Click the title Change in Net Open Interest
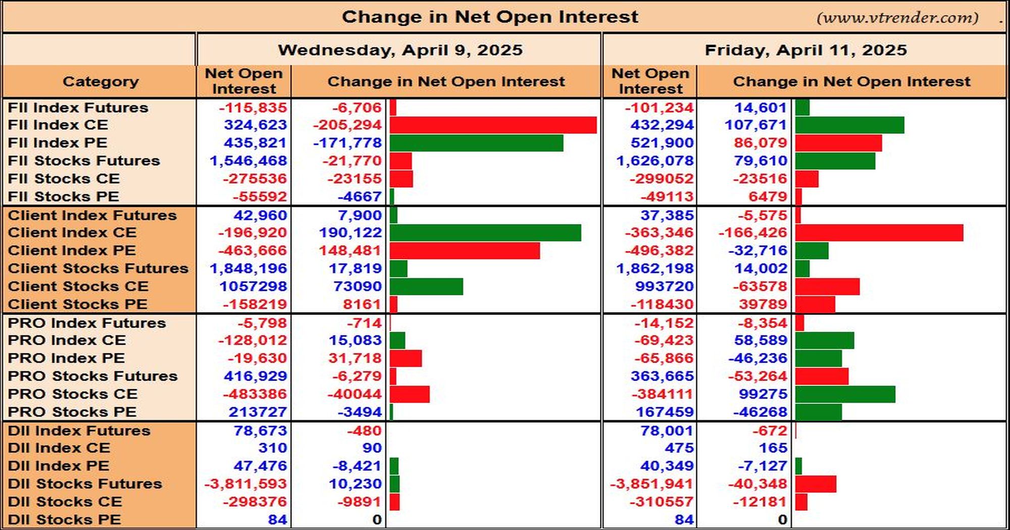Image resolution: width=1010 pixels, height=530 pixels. [x=490, y=17]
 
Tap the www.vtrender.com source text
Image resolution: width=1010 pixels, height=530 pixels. [x=897, y=18]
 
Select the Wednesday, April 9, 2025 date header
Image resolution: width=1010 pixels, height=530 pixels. [x=400, y=50]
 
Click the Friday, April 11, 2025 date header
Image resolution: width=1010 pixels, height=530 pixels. [x=805, y=50]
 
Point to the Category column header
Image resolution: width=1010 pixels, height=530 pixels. [x=100, y=82]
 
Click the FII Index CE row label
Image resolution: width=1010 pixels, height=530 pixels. [x=58, y=125]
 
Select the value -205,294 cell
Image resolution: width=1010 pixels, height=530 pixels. [x=347, y=125]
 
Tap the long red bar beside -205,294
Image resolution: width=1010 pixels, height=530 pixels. [x=493, y=125]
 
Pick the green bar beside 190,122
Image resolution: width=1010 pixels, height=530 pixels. [x=485, y=233]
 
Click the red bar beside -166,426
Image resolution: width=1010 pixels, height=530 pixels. [x=879, y=233]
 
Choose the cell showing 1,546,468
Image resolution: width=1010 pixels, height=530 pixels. [x=248, y=161]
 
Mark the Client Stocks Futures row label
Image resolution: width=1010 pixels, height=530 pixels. [x=98, y=269]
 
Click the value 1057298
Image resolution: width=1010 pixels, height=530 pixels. [x=253, y=287]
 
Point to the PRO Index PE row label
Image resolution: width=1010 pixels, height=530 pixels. [x=66, y=358]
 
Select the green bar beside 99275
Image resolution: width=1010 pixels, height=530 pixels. [x=845, y=394]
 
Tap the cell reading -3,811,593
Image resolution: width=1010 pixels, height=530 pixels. [x=245, y=484]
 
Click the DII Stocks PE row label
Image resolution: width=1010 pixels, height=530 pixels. [x=64, y=520]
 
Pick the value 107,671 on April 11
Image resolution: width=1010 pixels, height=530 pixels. [x=756, y=125]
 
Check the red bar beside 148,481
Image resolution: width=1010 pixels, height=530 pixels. [x=465, y=251]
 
